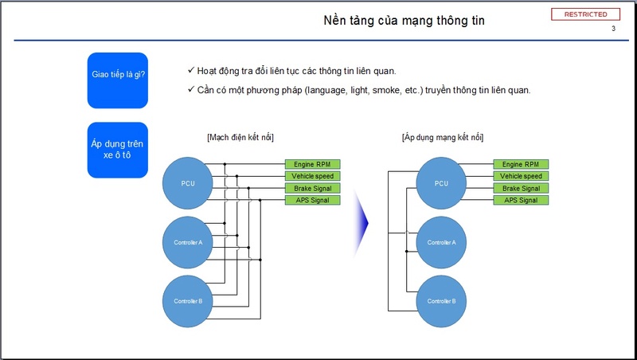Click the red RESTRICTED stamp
[585, 14]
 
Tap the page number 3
[613, 29]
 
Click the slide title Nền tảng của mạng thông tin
[404, 21]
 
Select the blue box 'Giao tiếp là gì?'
[117, 80]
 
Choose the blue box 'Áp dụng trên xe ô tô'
[117, 150]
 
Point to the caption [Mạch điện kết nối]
[240, 137]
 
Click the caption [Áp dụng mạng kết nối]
[443, 137]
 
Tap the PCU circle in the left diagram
[188, 183]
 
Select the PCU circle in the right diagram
[441, 183]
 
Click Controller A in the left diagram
[188, 243]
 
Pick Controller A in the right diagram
[441, 243]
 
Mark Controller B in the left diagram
[188, 302]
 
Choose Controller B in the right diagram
[441, 302]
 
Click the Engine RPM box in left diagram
[312, 164]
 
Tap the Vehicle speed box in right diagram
[521, 176]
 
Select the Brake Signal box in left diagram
[312, 188]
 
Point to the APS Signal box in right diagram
[521, 200]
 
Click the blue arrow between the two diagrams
[361, 223]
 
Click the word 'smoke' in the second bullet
[386, 90]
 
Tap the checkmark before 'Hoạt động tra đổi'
[191, 70]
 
